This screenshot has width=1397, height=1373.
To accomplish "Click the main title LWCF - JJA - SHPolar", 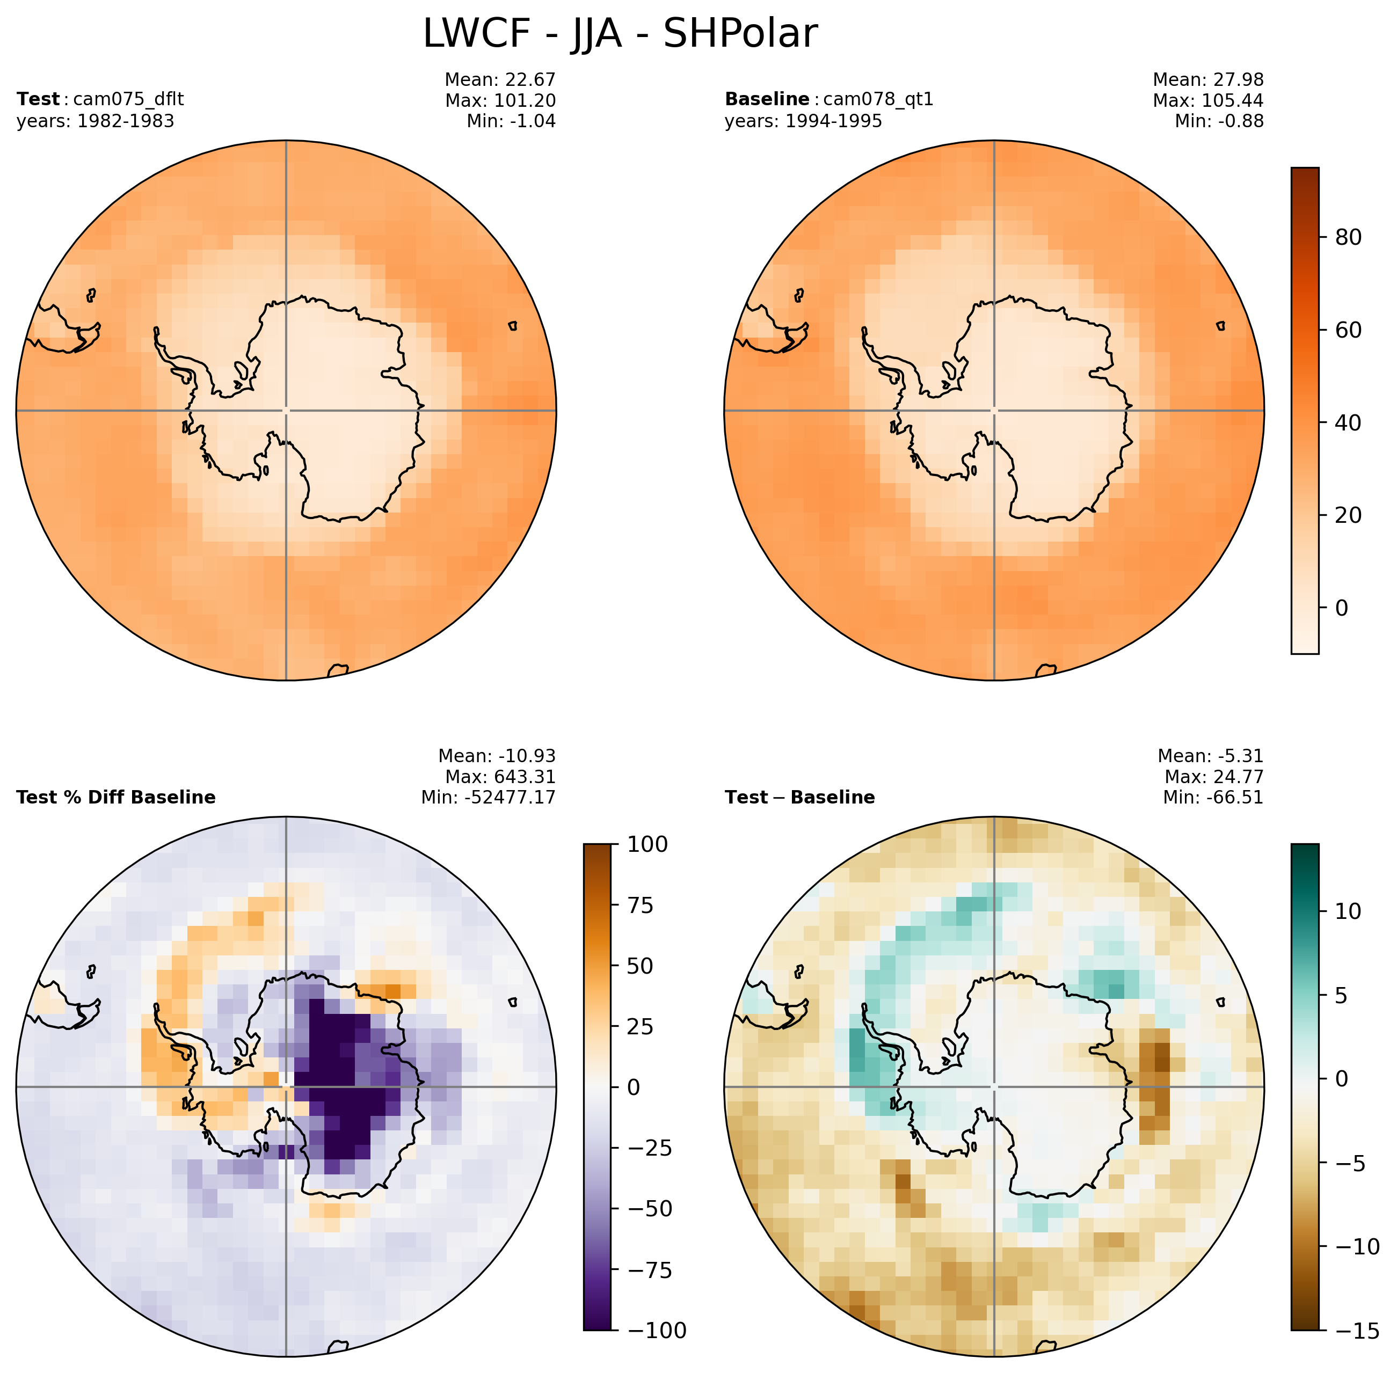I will [x=620, y=34].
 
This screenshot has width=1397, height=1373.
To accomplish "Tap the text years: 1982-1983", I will [x=95, y=121].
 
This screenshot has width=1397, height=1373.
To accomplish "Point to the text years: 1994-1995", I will [x=803, y=121].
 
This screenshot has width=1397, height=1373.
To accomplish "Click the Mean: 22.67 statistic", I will [x=500, y=79].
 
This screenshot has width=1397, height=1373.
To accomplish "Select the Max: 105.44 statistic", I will [x=1208, y=100].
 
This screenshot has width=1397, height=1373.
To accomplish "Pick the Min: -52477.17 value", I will [x=488, y=798].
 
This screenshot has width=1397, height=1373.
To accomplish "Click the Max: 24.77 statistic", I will [x=1214, y=777].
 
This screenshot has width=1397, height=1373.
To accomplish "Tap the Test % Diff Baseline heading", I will [x=116, y=798].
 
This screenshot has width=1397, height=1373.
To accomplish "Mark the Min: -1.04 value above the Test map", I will [x=511, y=121].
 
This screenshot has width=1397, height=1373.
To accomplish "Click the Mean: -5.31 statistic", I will [x=1210, y=756].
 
